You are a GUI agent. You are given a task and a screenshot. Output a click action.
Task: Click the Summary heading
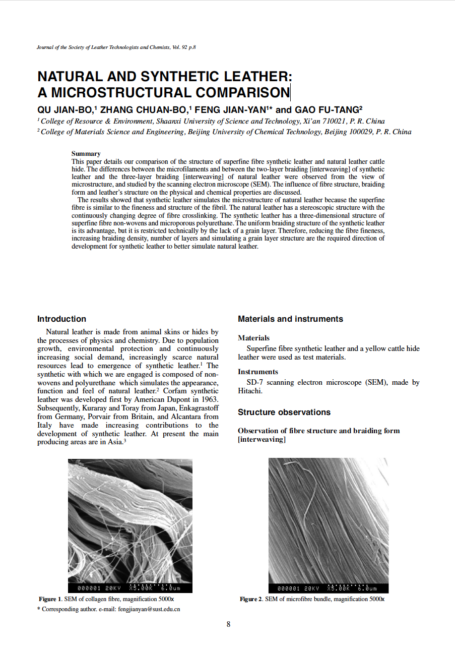tap(86, 153)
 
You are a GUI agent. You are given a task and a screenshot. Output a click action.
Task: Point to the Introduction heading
tap(61, 319)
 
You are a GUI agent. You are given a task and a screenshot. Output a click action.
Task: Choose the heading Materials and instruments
tap(290, 319)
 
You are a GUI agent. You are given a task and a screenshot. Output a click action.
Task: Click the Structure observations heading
tap(284, 412)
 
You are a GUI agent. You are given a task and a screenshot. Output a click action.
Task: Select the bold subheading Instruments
tap(257, 372)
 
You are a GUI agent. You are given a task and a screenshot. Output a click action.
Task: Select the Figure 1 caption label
tap(50, 599)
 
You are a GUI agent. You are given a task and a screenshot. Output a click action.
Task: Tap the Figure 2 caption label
tap(251, 599)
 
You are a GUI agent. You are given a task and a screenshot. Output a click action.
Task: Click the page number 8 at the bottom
tap(228, 624)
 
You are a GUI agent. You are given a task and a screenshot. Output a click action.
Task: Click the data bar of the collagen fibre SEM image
tap(129, 588)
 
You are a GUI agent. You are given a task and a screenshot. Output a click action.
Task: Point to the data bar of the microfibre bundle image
tap(328, 588)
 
